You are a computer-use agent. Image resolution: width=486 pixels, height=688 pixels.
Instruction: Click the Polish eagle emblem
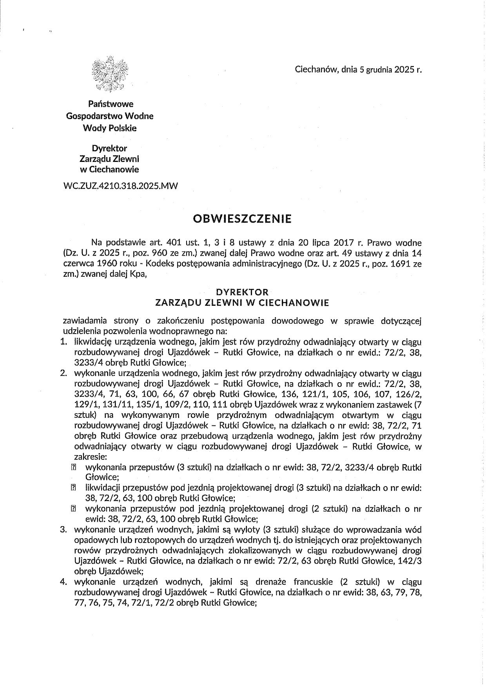[x=111, y=74]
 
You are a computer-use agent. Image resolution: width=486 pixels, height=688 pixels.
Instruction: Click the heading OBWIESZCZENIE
[x=243, y=218]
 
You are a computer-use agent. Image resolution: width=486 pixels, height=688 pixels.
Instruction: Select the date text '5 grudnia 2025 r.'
[x=388, y=70]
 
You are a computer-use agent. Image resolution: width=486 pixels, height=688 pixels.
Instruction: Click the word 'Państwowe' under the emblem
[x=111, y=104]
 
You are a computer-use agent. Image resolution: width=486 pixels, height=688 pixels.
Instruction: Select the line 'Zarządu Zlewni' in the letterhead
[x=109, y=159]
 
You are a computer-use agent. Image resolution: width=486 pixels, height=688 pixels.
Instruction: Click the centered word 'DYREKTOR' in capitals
[x=243, y=292]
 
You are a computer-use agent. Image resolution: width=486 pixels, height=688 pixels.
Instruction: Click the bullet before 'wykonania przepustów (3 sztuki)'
[x=73, y=467]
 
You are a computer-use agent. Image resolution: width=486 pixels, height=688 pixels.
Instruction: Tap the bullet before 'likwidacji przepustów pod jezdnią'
[x=73, y=488]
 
